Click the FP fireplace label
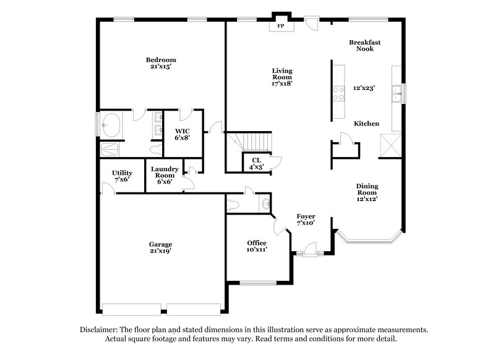280,27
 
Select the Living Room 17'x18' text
282,77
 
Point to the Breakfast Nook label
364,46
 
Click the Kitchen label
366,124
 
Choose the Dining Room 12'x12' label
367,192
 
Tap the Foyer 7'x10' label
306,219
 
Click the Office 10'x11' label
257,246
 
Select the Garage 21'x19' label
160,247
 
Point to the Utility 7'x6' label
122,176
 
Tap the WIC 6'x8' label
182,134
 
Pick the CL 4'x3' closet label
256,163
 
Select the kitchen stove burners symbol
339,93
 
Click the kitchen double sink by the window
397,94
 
